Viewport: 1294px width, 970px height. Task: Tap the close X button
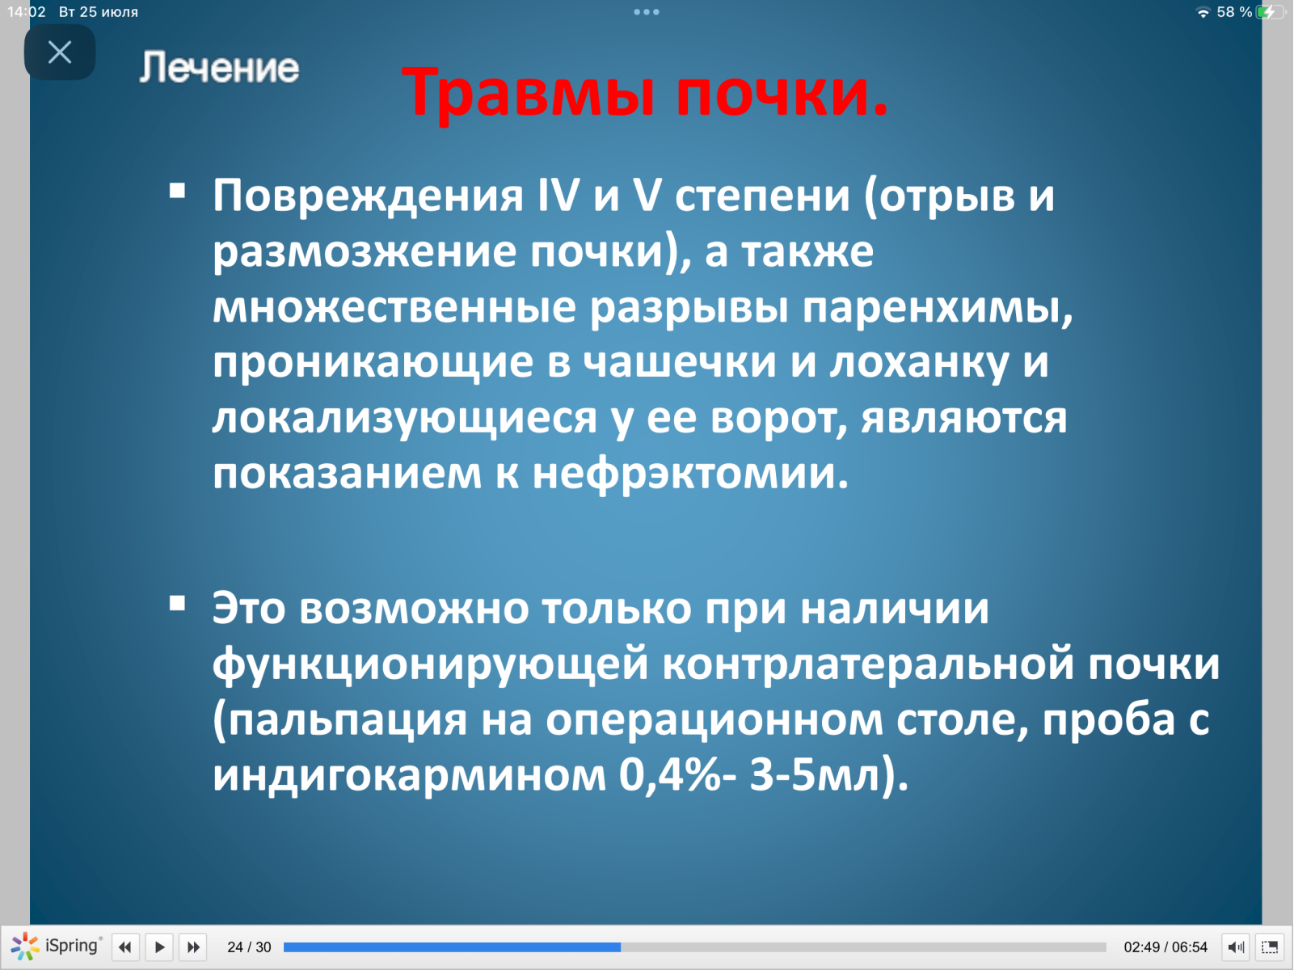[60, 53]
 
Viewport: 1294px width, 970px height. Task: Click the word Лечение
[219, 67]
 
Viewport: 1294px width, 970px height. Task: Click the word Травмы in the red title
[529, 92]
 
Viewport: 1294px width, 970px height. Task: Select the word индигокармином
[409, 775]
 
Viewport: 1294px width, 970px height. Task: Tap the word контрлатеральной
[867, 663]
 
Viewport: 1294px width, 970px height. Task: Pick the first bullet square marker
[178, 190]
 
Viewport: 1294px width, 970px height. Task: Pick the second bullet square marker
[178, 604]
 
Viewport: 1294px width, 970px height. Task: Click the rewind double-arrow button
[125, 947]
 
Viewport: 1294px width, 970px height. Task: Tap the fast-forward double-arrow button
[193, 947]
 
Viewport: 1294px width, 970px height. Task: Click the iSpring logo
[56, 946]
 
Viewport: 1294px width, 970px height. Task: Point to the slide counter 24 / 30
[249, 947]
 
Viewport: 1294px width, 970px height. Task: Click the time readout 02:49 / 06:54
[1165, 947]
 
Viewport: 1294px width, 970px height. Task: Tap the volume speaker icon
[1236, 947]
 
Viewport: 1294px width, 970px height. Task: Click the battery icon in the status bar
[1270, 12]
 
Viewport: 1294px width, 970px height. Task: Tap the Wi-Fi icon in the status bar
[1203, 12]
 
